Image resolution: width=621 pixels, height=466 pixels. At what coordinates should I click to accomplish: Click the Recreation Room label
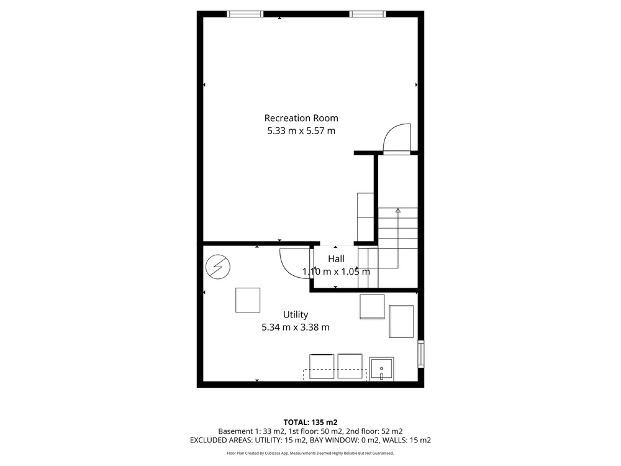coord(301,118)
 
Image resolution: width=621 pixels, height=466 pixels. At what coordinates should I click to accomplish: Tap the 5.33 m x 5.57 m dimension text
coord(301,130)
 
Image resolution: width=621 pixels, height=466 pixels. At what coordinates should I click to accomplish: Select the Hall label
coord(336,258)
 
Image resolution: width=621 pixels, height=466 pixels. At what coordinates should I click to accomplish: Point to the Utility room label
coord(296,314)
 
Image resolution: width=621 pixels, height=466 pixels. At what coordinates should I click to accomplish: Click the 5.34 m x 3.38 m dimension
coord(296,327)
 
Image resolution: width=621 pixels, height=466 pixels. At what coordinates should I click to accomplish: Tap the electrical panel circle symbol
coord(218,267)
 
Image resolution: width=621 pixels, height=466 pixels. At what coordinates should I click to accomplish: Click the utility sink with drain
coord(381,369)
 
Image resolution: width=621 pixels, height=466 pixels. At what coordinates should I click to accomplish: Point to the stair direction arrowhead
coord(398,211)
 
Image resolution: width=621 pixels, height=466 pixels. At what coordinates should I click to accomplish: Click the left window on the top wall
coord(245,14)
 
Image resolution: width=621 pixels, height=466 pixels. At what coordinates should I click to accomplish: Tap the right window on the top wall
coord(368,14)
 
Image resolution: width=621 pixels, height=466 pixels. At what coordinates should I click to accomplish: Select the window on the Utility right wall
coord(421,354)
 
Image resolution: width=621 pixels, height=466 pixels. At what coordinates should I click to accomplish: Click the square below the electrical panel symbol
coord(248,300)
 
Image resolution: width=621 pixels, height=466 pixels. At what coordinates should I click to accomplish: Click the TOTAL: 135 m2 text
coord(310,423)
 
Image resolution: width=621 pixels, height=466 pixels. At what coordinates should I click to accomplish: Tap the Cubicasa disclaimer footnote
coord(310,453)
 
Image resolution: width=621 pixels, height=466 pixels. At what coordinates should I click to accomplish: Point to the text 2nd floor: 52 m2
coord(374,431)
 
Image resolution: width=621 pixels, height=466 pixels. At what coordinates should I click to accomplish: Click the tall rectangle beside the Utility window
coord(401,321)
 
